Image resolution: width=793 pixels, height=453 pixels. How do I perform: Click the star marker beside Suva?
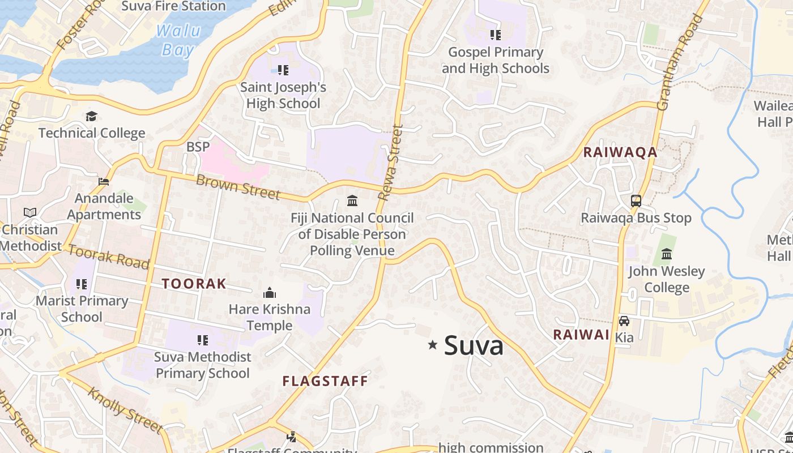(433, 344)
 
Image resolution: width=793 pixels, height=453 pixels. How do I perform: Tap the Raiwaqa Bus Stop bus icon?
(636, 200)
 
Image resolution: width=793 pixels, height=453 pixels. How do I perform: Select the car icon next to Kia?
(624, 321)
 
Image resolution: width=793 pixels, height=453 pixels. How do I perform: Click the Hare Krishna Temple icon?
(270, 293)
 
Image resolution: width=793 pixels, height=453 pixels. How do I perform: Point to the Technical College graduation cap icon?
(91, 117)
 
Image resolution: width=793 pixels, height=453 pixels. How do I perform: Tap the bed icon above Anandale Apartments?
(104, 182)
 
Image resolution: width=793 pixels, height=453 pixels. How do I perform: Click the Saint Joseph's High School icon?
(283, 70)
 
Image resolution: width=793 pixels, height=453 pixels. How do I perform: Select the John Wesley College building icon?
(667, 254)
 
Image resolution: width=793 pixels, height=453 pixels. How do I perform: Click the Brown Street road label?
(238, 187)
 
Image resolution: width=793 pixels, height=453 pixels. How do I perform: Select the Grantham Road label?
(679, 62)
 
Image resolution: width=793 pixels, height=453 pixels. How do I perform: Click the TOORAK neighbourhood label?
(194, 284)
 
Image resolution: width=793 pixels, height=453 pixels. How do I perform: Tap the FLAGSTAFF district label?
(325, 381)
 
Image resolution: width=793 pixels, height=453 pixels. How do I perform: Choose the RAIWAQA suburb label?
(620, 152)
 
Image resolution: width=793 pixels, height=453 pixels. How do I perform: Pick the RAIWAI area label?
(581, 335)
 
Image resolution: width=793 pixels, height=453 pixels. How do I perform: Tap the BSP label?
(198, 147)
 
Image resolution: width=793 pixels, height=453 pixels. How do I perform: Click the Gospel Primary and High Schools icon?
(496, 35)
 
